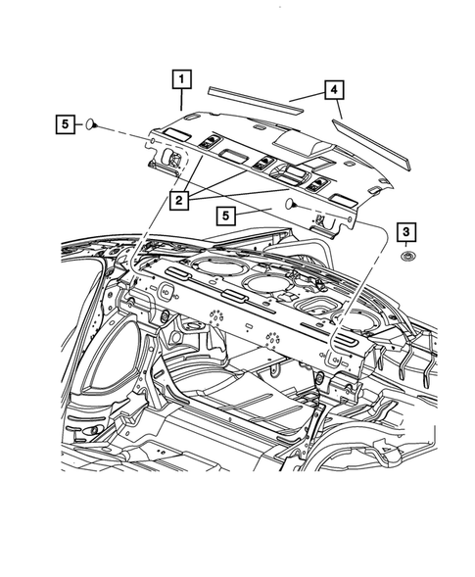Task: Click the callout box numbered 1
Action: coord(182,77)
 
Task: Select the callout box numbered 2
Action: coord(178,202)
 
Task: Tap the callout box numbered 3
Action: coord(405,232)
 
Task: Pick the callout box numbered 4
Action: coord(334,91)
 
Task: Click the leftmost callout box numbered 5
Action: coord(65,124)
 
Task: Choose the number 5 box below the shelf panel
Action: coord(226,214)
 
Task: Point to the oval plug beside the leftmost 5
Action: coord(90,124)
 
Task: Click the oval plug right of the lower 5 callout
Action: coord(291,205)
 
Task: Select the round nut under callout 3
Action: coord(404,257)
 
